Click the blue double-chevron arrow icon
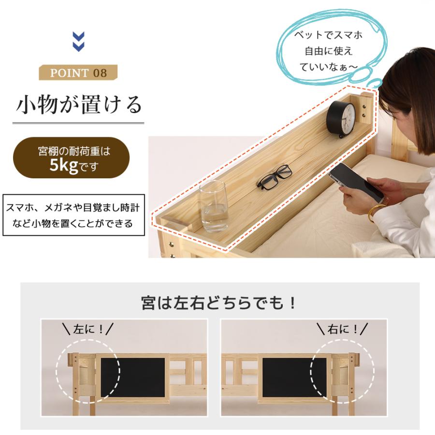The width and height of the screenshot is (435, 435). click(x=78, y=42)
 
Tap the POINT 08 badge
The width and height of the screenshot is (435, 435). click(x=78, y=72)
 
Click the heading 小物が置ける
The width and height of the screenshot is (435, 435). click(x=79, y=104)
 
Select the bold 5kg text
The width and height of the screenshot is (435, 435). click(x=63, y=165)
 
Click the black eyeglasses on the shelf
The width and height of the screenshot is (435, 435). click(x=274, y=177)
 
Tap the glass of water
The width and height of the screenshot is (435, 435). click(x=213, y=206)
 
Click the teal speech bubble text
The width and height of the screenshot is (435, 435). click(x=328, y=51)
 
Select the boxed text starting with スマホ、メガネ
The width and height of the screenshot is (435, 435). click(x=73, y=215)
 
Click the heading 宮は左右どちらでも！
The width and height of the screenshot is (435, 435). click(x=219, y=303)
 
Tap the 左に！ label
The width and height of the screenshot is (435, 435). click(x=88, y=329)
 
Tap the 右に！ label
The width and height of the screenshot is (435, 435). click(x=342, y=329)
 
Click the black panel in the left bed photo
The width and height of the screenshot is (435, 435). click(x=132, y=377)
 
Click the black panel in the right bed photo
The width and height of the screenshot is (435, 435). click(x=294, y=377)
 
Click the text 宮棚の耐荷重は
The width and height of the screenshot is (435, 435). click(x=74, y=151)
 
